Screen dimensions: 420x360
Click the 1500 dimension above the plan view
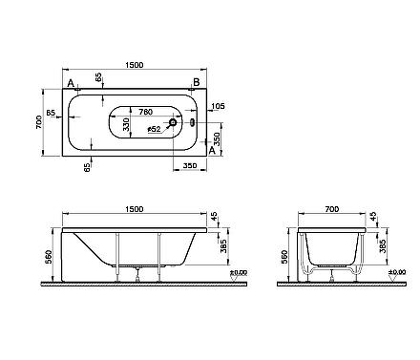tap(135, 65)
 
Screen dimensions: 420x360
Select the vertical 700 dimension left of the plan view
tap(38, 122)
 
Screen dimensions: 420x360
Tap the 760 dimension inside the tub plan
tap(146, 112)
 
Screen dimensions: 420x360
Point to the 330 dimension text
tap(126, 124)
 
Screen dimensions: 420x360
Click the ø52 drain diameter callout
tap(155, 129)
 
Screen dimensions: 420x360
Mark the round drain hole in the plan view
tap(173, 122)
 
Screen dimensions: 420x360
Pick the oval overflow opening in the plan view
tap(192, 122)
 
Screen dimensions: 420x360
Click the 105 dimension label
tap(218, 106)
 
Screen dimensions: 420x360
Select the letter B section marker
tap(197, 82)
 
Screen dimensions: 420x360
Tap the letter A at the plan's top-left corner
tap(71, 84)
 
